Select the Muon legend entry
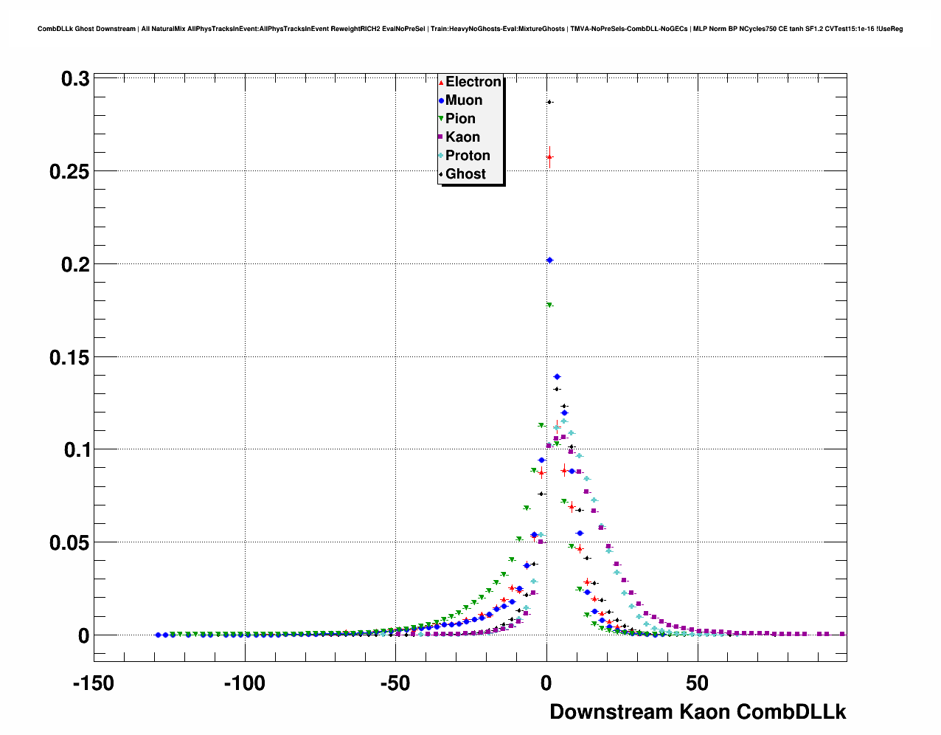pos(463,100)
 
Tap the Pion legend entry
pos(460,119)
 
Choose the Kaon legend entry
pos(462,137)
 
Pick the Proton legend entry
pos(468,156)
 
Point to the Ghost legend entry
pos(465,174)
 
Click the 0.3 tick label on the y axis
pos(75,79)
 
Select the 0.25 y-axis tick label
pos(69,172)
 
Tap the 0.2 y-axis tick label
pos(75,264)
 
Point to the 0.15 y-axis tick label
pos(69,358)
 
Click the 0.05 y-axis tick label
pos(69,543)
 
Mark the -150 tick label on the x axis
pos(94,683)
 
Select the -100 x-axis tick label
pos(244,683)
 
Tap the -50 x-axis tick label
pos(395,683)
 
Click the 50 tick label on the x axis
pos(697,683)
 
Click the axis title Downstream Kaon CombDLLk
pos(698,712)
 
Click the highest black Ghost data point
pos(549,102)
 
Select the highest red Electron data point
pos(549,156)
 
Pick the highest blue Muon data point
pos(549,260)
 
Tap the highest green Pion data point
pos(549,305)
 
